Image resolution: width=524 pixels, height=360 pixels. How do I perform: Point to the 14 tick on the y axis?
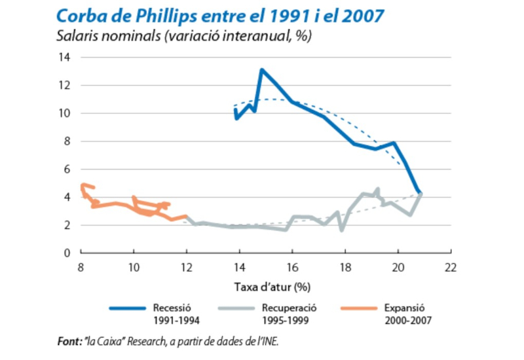(65, 58)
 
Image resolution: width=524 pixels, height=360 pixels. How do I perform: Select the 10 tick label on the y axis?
(65, 113)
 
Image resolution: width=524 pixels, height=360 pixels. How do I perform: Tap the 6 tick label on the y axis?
(67, 169)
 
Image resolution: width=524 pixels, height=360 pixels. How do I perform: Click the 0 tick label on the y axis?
(67, 253)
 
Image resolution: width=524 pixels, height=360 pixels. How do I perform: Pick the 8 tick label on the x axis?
(81, 267)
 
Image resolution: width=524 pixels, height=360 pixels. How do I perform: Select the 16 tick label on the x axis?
(292, 267)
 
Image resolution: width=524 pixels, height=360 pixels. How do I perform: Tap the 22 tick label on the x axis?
(450, 267)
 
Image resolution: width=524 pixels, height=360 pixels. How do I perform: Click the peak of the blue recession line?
(261, 69)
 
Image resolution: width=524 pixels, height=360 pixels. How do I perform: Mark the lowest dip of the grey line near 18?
(342, 230)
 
